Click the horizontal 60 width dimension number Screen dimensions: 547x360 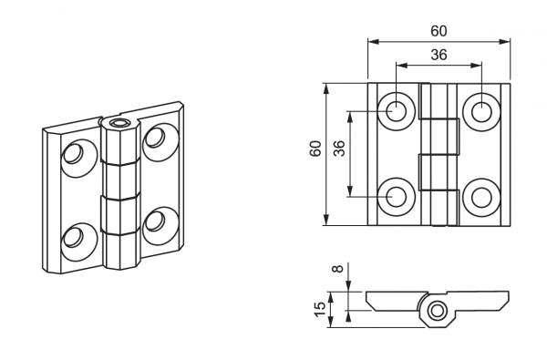click(x=439, y=31)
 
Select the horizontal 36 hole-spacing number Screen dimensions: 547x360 click(x=439, y=55)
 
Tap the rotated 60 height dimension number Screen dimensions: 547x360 click(x=315, y=149)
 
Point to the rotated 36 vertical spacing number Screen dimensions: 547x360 click(x=339, y=149)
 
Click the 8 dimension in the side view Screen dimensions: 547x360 click(x=338, y=269)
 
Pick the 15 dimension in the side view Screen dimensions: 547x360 click(x=320, y=310)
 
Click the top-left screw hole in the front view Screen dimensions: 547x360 click(x=397, y=111)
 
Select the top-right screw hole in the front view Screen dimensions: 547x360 click(x=481, y=111)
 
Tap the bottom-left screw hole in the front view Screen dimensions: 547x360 click(x=397, y=197)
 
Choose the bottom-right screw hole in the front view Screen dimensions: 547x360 click(x=481, y=197)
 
